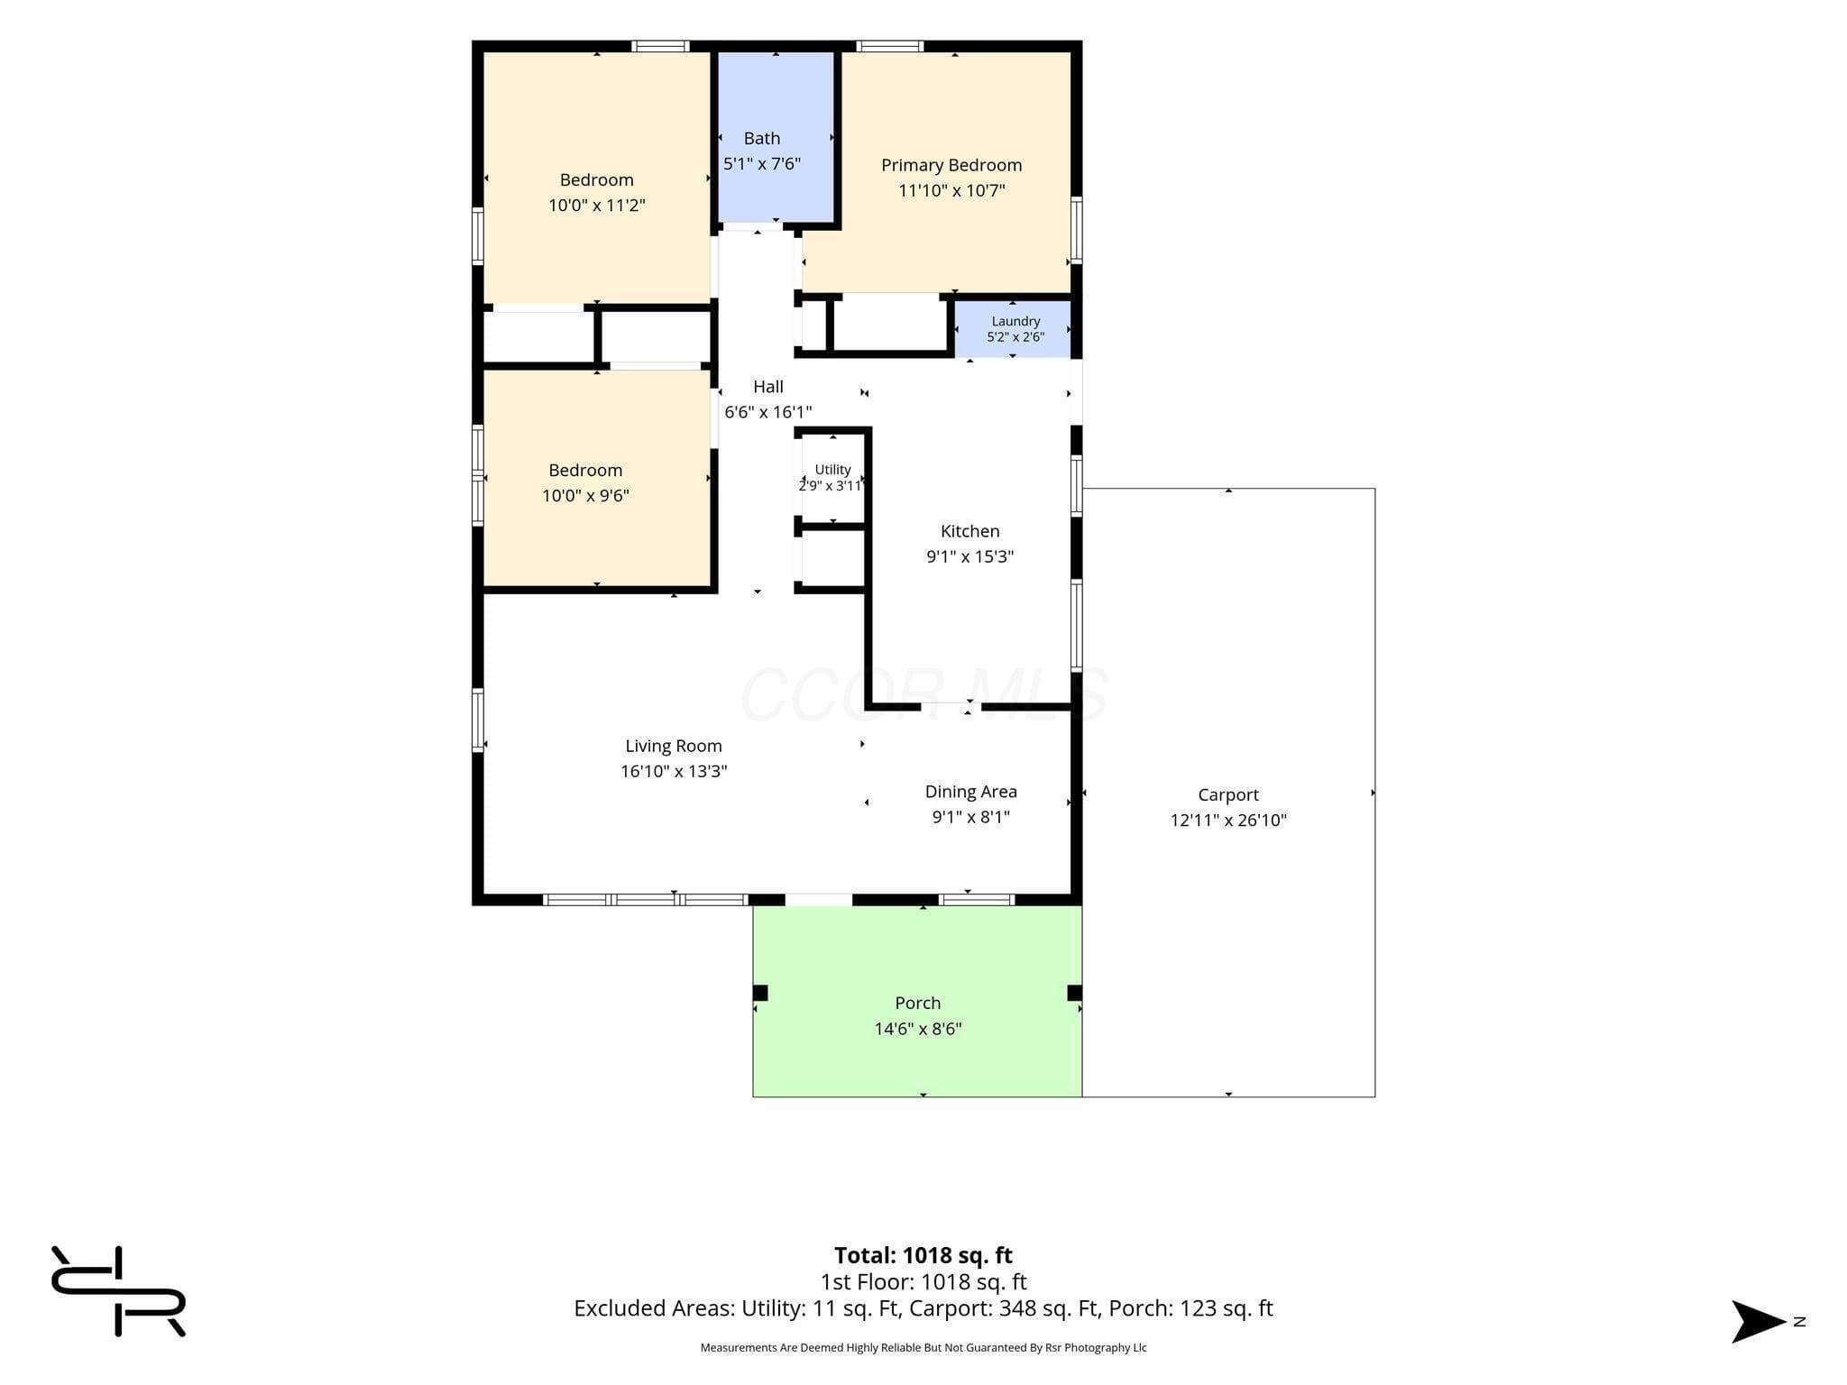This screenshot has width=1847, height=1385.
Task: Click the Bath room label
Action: pyautogui.click(x=761, y=138)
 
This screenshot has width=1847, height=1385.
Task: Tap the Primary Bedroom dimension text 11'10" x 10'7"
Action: pyautogui.click(x=951, y=190)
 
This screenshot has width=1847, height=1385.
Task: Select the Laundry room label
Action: pyautogui.click(x=1015, y=321)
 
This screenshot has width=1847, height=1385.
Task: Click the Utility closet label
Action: pyautogui.click(x=832, y=470)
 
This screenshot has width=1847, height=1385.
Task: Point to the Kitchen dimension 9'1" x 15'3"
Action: pyautogui.click(x=969, y=556)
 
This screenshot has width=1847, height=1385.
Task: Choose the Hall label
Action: pyautogui.click(x=767, y=386)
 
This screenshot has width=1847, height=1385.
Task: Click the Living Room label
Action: pyautogui.click(x=674, y=746)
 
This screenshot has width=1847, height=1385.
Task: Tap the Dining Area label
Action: pyautogui.click(x=970, y=792)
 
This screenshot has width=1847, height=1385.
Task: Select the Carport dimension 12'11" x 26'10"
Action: pyautogui.click(x=1228, y=820)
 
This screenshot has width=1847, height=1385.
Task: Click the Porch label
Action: pyautogui.click(x=917, y=1003)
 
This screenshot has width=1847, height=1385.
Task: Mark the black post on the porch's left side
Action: pyautogui.click(x=760, y=993)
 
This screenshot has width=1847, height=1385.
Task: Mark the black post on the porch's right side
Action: pyautogui.click(x=1074, y=993)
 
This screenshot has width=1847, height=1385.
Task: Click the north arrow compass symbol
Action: pyautogui.click(x=1759, y=1321)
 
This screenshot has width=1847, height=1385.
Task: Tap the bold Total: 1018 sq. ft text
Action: pyautogui.click(x=923, y=1255)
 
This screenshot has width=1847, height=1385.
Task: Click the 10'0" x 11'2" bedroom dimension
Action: pyautogui.click(x=597, y=205)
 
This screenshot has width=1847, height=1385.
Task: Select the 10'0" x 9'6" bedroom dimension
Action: pyautogui.click(x=585, y=495)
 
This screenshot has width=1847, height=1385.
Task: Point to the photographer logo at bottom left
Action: pyautogui.click(x=118, y=1291)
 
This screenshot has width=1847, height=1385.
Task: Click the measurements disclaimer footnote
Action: pyautogui.click(x=923, y=1347)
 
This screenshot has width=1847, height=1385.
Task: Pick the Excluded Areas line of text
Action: pyautogui.click(x=923, y=1308)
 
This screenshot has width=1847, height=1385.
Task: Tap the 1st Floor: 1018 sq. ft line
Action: pyautogui.click(x=923, y=1281)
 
